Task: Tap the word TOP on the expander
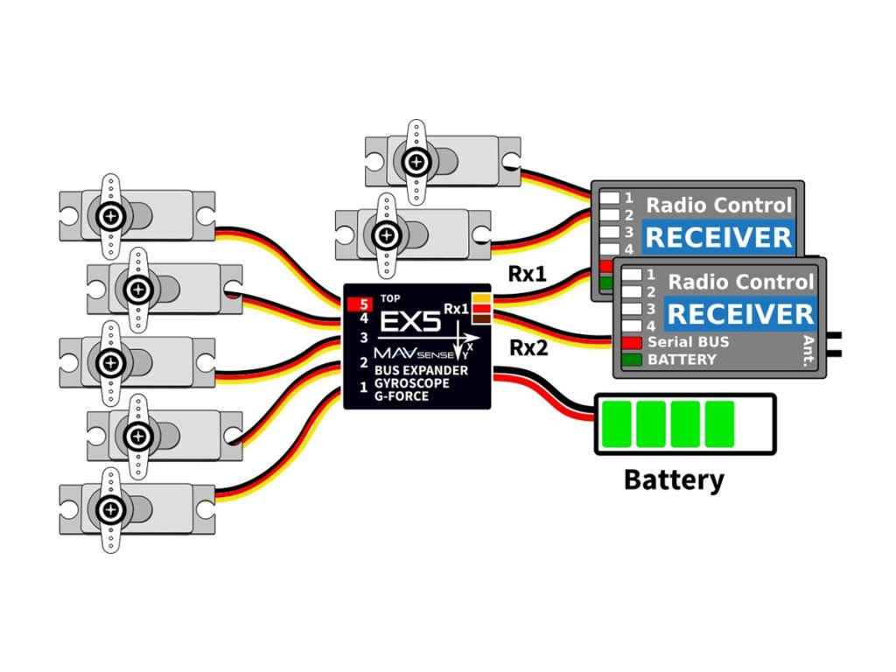390,299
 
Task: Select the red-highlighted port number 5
362,305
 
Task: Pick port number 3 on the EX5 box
363,337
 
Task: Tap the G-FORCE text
402,396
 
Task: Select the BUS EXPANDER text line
421,370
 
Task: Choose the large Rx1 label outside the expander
527,274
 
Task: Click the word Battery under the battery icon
673,479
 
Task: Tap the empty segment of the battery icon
754,423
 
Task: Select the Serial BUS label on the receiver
688,342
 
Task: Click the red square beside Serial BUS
632,342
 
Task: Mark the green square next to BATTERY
632,360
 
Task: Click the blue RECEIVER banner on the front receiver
739,313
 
